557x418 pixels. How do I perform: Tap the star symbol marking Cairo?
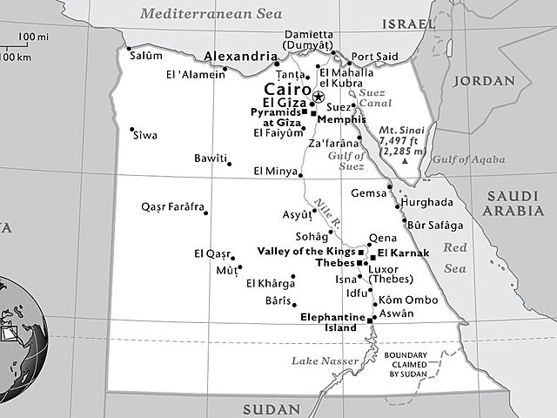tap(319, 97)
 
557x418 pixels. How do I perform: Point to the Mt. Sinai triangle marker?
tap(406, 162)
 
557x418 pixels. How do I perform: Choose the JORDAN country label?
tap(482, 81)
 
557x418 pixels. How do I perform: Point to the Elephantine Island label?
tap(329, 323)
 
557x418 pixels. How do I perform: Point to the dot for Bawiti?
tap(228, 163)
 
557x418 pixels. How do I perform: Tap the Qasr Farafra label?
tap(172, 207)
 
